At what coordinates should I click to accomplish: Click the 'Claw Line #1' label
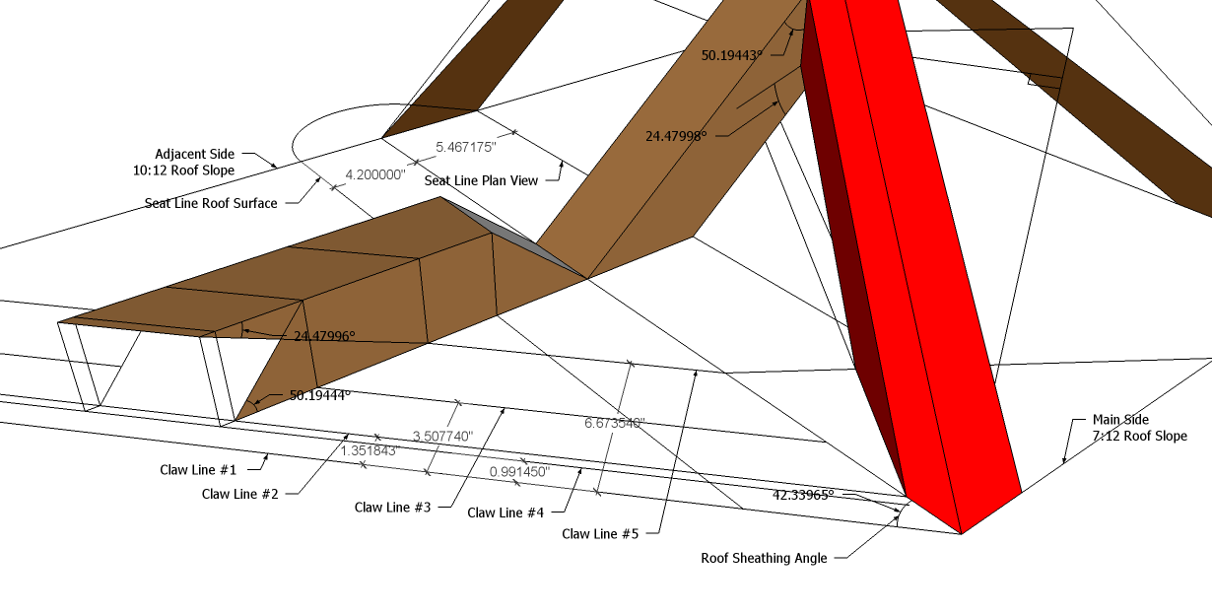199,469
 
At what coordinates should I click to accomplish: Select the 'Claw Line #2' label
240,493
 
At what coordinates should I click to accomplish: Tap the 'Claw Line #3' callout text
393,508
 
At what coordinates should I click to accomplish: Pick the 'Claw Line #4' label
505,512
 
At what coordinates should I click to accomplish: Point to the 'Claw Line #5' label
600,534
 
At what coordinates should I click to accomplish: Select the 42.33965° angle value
803,495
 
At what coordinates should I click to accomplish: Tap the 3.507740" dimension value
442,436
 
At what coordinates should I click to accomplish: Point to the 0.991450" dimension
519,472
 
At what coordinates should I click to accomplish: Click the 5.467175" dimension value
466,147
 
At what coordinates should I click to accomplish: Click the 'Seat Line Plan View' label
481,181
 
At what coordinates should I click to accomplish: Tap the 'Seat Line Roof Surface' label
210,203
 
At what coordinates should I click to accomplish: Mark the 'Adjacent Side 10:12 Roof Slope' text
195,162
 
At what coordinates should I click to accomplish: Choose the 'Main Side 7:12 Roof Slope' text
1139,428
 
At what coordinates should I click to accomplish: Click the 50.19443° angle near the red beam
732,56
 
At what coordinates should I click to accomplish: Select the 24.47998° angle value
676,136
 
